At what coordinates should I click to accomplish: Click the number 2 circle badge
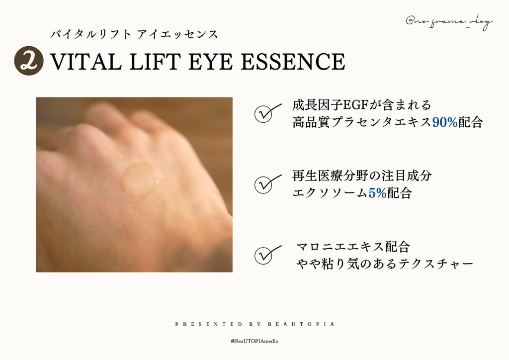[28, 61]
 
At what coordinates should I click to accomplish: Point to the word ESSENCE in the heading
[293, 61]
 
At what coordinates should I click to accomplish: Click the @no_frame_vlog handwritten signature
[449, 22]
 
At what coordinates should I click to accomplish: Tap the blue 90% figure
[444, 122]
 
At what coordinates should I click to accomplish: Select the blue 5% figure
[378, 193]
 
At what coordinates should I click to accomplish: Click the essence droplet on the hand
[142, 176]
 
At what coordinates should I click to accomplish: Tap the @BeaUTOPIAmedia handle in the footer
[254, 341]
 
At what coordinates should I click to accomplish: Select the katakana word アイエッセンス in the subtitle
[177, 34]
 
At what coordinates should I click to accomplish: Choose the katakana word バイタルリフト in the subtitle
[91, 34]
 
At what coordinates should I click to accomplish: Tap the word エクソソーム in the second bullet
[330, 193]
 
